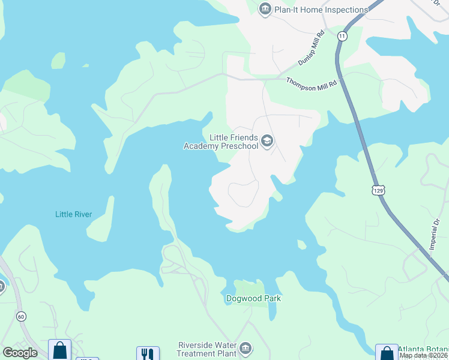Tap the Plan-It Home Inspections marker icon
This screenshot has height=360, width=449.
point(265,9)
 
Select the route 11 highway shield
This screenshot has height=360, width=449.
point(342,37)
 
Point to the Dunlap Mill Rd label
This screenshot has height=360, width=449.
point(312,49)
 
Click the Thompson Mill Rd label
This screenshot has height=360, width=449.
point(312,85)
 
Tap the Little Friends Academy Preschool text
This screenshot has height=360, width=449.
point(221,141)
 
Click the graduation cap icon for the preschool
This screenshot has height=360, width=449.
point(267,142)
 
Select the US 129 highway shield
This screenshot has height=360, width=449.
point(378,190)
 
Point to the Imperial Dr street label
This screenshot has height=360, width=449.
point(435,235)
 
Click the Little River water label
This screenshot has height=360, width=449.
point(73,214)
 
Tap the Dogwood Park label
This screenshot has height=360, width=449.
point(253,298)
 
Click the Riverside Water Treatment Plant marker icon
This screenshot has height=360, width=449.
point(245,349)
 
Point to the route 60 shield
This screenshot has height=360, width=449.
point(21,316)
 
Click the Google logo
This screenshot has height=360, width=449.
point(20,353)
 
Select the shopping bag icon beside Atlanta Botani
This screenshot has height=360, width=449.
point(386,353)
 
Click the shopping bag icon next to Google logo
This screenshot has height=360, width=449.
point(59,350)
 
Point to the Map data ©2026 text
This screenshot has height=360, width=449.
point(424,356)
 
